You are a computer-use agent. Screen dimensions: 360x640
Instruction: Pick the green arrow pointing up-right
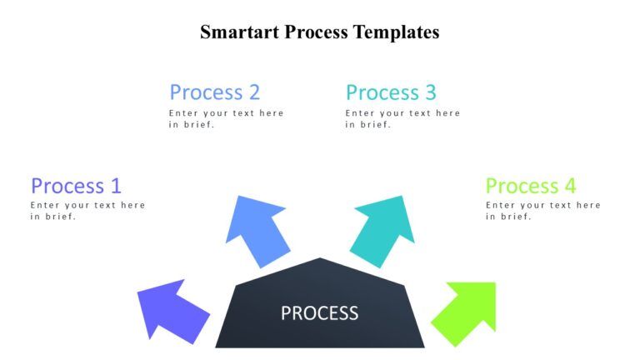pyautogui.click(x=468, y=312)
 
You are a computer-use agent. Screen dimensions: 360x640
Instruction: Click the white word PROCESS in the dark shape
pyautogui.click(x=319, y=313)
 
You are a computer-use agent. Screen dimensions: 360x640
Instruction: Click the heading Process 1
pyautogui.click(x=76, y=185)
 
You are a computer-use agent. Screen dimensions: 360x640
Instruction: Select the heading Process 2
pyautogui.click(x=214, y=92)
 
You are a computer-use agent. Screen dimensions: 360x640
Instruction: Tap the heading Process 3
pyautogui.click(x=391, y=92)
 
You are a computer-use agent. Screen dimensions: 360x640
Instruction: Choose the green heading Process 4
pyautogui.click(x=531, y=185)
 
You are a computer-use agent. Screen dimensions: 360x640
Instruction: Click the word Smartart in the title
pyautogui.click(x=239, y=32)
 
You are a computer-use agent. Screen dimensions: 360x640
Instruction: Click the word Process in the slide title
pyautogui.click(x=317, y=32)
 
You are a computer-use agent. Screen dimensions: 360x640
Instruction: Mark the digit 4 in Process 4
pyautogui.click(x=570, y=185)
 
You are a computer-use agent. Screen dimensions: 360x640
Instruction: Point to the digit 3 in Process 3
pyautogui.click(x=430, y=92)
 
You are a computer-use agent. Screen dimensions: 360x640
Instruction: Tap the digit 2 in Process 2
pyautogui.click(x=253, y=92)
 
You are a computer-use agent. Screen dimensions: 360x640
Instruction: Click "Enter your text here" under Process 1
pyautogui.click(x=87, y=205)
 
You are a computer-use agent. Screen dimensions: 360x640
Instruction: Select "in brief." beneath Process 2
pyautogui.click(x=192, y=125)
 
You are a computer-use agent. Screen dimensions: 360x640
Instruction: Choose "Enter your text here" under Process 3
pyautogui.click(x=402, y=113)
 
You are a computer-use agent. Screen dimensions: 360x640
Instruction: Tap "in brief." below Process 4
pyautogui.click(x=508, y=217)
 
